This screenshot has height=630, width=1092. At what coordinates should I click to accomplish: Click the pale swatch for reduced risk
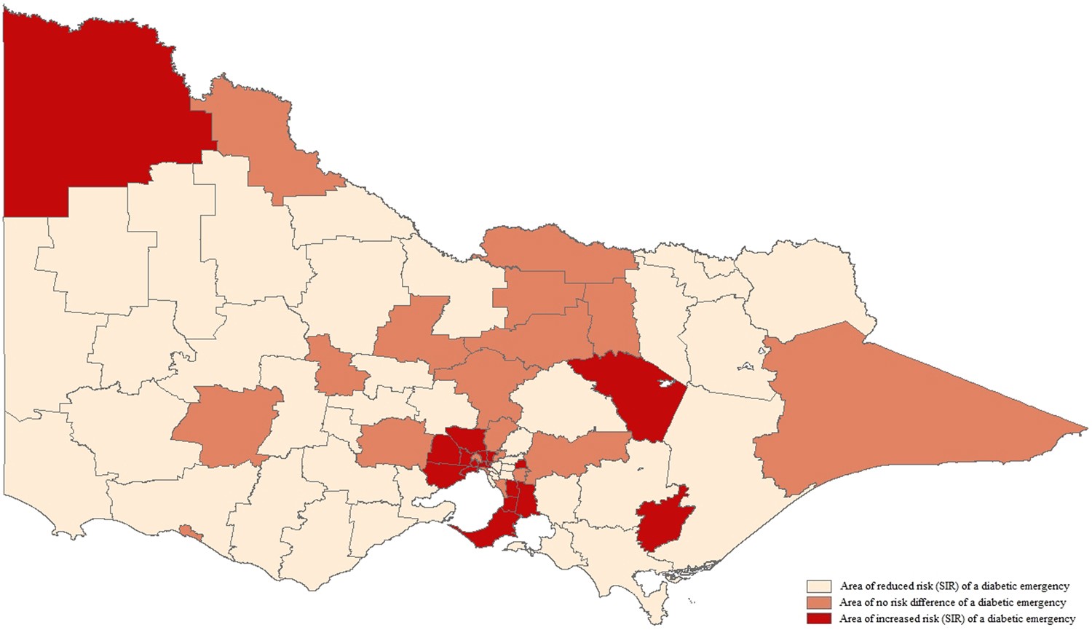coord(818,586)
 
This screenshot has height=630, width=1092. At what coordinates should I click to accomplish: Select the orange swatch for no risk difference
coord(818,602)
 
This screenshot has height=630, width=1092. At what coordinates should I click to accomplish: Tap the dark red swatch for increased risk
coord(818,618)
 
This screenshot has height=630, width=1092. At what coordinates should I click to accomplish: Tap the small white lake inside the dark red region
coord(665,383)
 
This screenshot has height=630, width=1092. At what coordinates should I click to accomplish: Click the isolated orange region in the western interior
coord(226,426)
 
